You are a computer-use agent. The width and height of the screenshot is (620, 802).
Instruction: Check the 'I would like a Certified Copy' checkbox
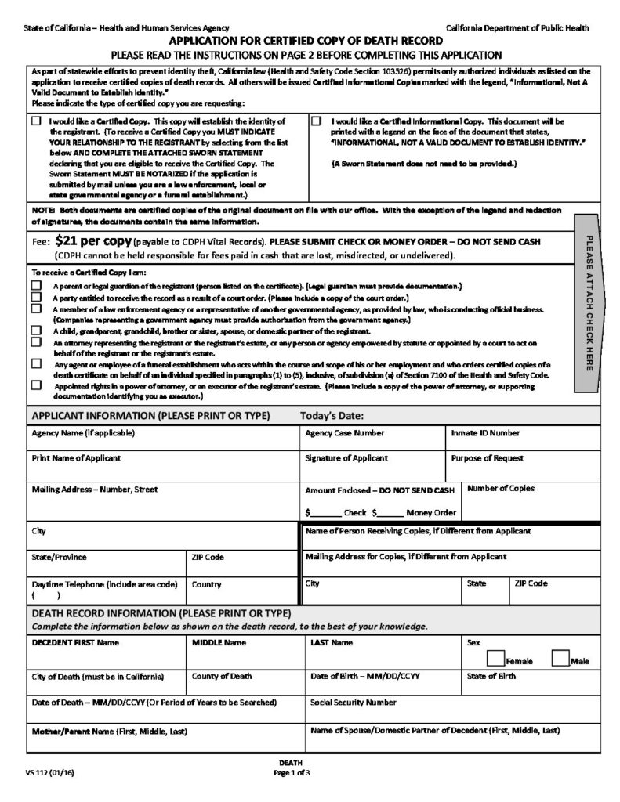[x=37, y=122]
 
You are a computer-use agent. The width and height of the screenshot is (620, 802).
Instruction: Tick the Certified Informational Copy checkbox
[x=317, y=122]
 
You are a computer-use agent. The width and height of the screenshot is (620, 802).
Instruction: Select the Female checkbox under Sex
[x=495, y=657]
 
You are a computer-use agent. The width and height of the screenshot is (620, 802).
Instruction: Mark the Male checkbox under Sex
[x=560, y=657]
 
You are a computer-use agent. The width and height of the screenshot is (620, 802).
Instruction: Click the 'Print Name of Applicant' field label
[x=76, y=457]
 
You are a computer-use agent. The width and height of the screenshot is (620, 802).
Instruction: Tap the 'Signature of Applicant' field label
[x=346, y=457]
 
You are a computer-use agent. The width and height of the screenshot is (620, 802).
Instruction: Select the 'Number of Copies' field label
[x=501, y=488]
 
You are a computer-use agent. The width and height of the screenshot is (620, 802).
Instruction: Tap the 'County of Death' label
[x=223, y=676]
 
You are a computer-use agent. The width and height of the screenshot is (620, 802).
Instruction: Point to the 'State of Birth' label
[x=491, y=676]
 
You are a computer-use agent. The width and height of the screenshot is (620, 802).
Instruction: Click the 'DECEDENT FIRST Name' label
[x=75, y=642]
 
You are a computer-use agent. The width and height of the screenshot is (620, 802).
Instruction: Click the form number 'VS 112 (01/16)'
[x=49, y=773]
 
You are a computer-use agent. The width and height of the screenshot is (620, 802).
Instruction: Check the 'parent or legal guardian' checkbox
[x=36, y=286]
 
